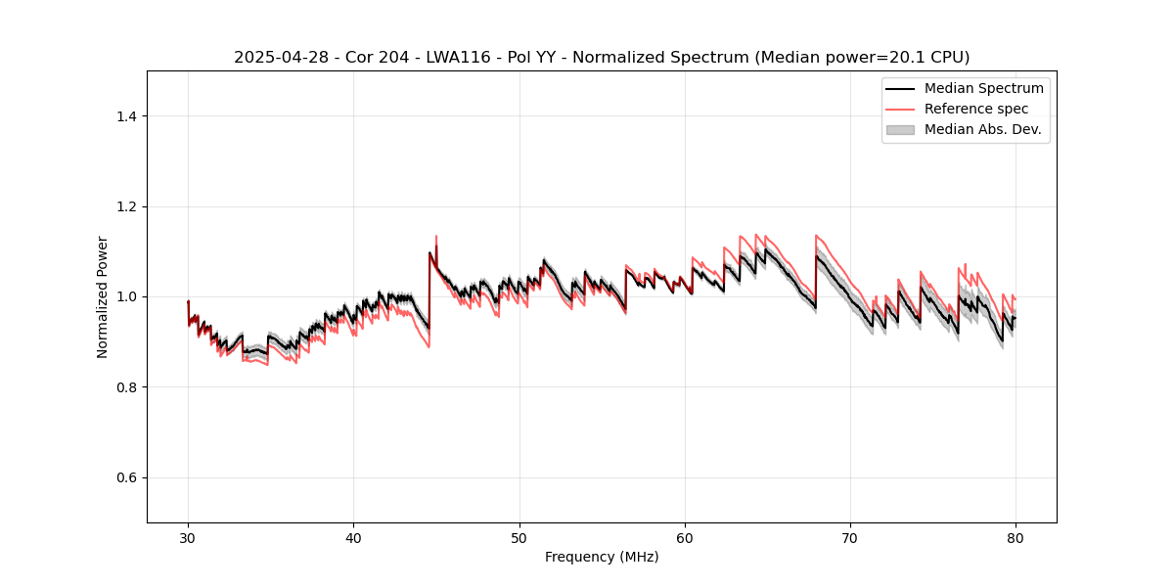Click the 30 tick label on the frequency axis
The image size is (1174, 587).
(188, 537)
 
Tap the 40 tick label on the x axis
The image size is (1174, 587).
(353, 537)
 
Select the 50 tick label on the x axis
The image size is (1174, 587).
(519, 537)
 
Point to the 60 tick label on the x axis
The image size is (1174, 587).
(685, 537)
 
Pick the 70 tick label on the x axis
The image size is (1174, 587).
(850, 537)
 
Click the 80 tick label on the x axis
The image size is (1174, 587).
(1016, 537)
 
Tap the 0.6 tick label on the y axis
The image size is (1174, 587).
(126, 477)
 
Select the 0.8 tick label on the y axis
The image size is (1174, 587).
(126, 387)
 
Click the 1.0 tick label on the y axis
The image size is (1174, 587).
(126, 296)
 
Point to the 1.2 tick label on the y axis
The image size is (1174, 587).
(126, 206)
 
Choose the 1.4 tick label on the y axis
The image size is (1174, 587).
(126, 116)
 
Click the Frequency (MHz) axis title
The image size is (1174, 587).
(602, 557)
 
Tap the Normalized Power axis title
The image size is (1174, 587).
(103, 296)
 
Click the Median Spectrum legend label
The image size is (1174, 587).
(983, 88)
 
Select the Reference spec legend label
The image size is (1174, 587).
(976, 109)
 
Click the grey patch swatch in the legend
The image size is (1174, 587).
(900, 129)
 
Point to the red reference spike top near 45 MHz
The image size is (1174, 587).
(436, 236)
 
